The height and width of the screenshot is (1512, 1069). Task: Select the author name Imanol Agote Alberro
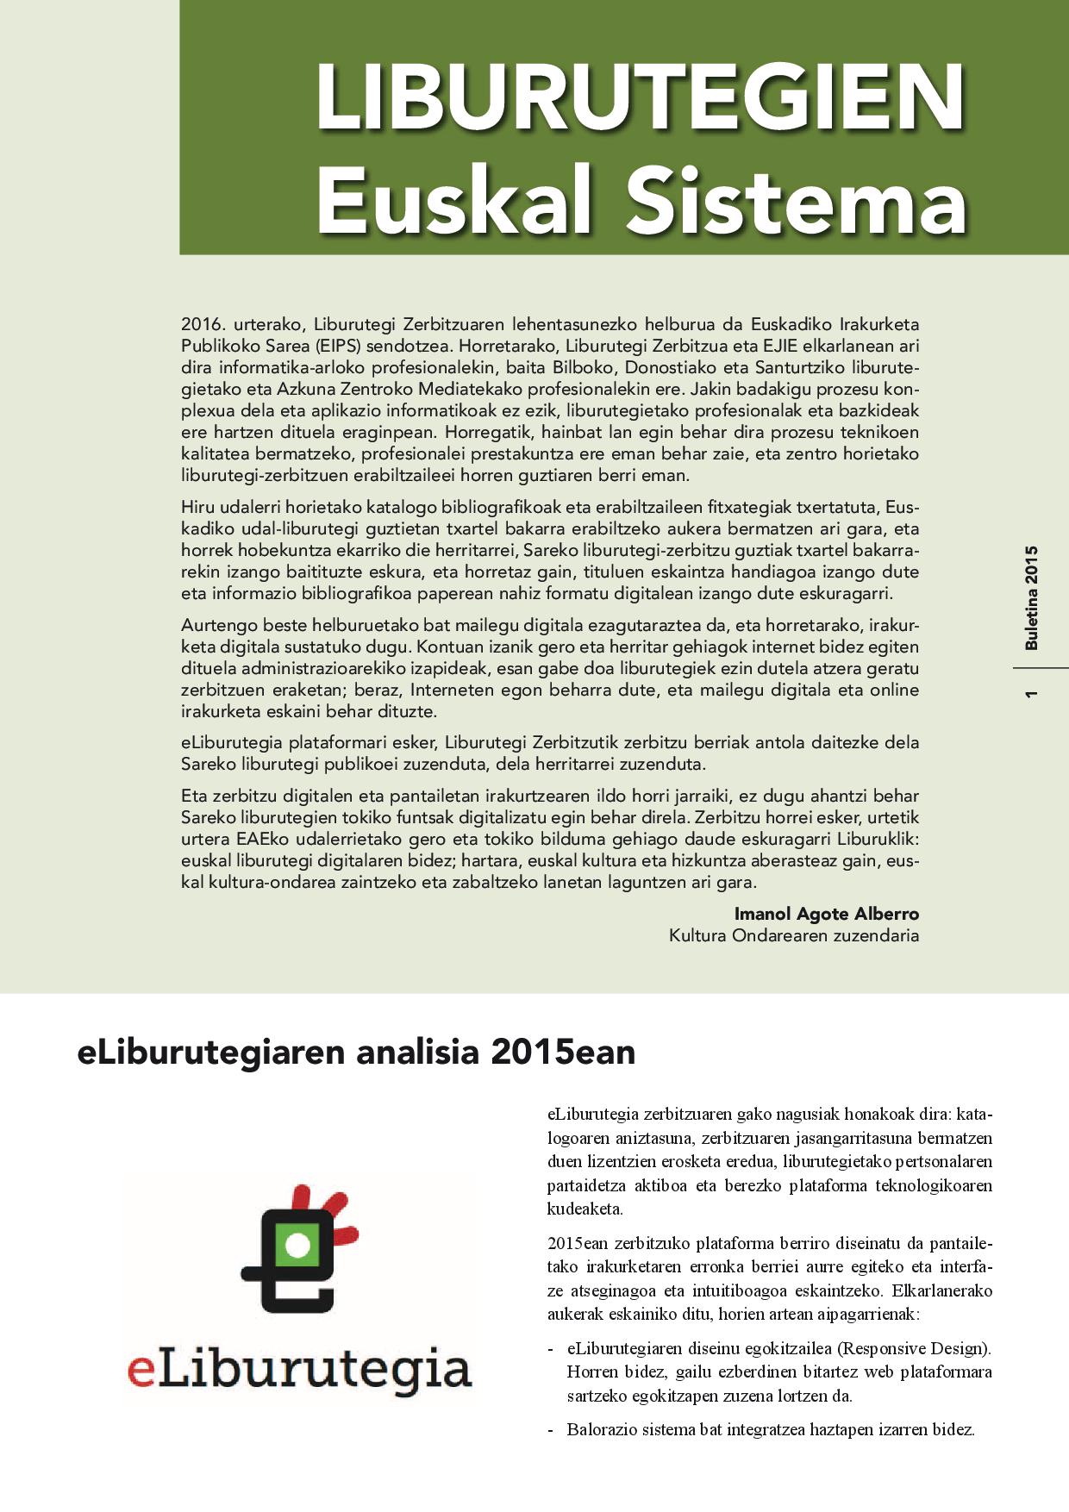click(826, 914)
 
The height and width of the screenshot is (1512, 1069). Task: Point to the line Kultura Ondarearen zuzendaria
click(793, 935)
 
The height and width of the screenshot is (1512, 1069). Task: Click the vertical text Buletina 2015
click(1032, 597)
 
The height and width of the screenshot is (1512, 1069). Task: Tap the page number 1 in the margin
click(1032, 694)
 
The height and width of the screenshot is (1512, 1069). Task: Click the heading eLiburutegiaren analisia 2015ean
click(356, 1053)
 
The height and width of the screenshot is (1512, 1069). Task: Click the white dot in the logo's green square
click(297, 1244)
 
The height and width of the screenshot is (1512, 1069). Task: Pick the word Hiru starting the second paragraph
click(197, 507)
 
